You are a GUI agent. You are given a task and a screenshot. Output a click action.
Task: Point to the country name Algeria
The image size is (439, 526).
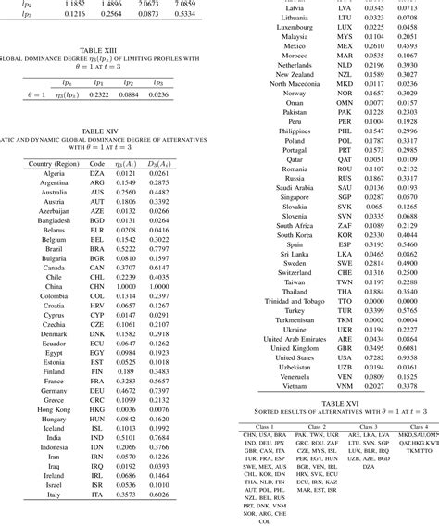pyautogui.click(x=48, y=173)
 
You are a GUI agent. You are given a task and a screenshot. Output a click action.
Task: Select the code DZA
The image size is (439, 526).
pyautogui.click(x=95, y=173)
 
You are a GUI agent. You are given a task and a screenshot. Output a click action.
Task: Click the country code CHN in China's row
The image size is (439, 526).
pyautogui.click(x=95, y=287)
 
